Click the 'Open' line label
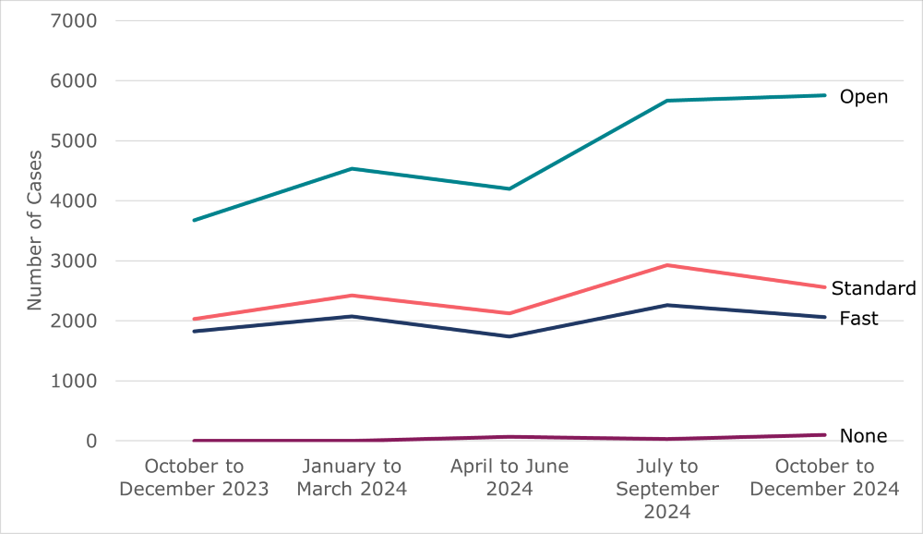[863, 97]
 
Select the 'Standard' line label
[873, 288]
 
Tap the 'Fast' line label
[858, 319]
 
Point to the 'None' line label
[863, 436]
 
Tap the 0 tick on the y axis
[90, 441]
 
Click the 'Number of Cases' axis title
[34, 230]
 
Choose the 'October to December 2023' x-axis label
[194, 478]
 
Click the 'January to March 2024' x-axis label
[352, 478]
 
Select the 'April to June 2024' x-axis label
[509, 478]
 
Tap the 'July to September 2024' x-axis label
[667, 489]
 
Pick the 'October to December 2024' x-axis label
[824, 478]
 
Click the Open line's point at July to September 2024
[667, 101]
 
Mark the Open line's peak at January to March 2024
[352, 168]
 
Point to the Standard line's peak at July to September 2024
[667, 265]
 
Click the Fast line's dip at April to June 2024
[509, 336]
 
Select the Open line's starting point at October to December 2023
[194, 220]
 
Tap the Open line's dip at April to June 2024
[509, 188]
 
